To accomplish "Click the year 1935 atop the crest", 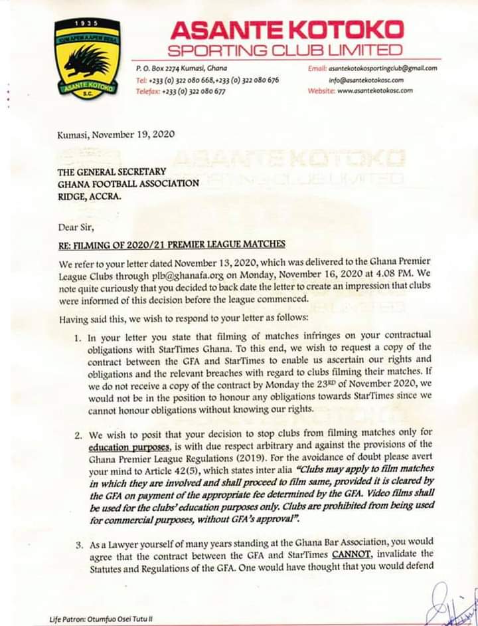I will click(87, 24).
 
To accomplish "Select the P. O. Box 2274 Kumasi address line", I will click(180, 68).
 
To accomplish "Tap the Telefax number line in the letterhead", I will click(180, 91).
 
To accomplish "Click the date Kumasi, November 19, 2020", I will click(116, 134).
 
